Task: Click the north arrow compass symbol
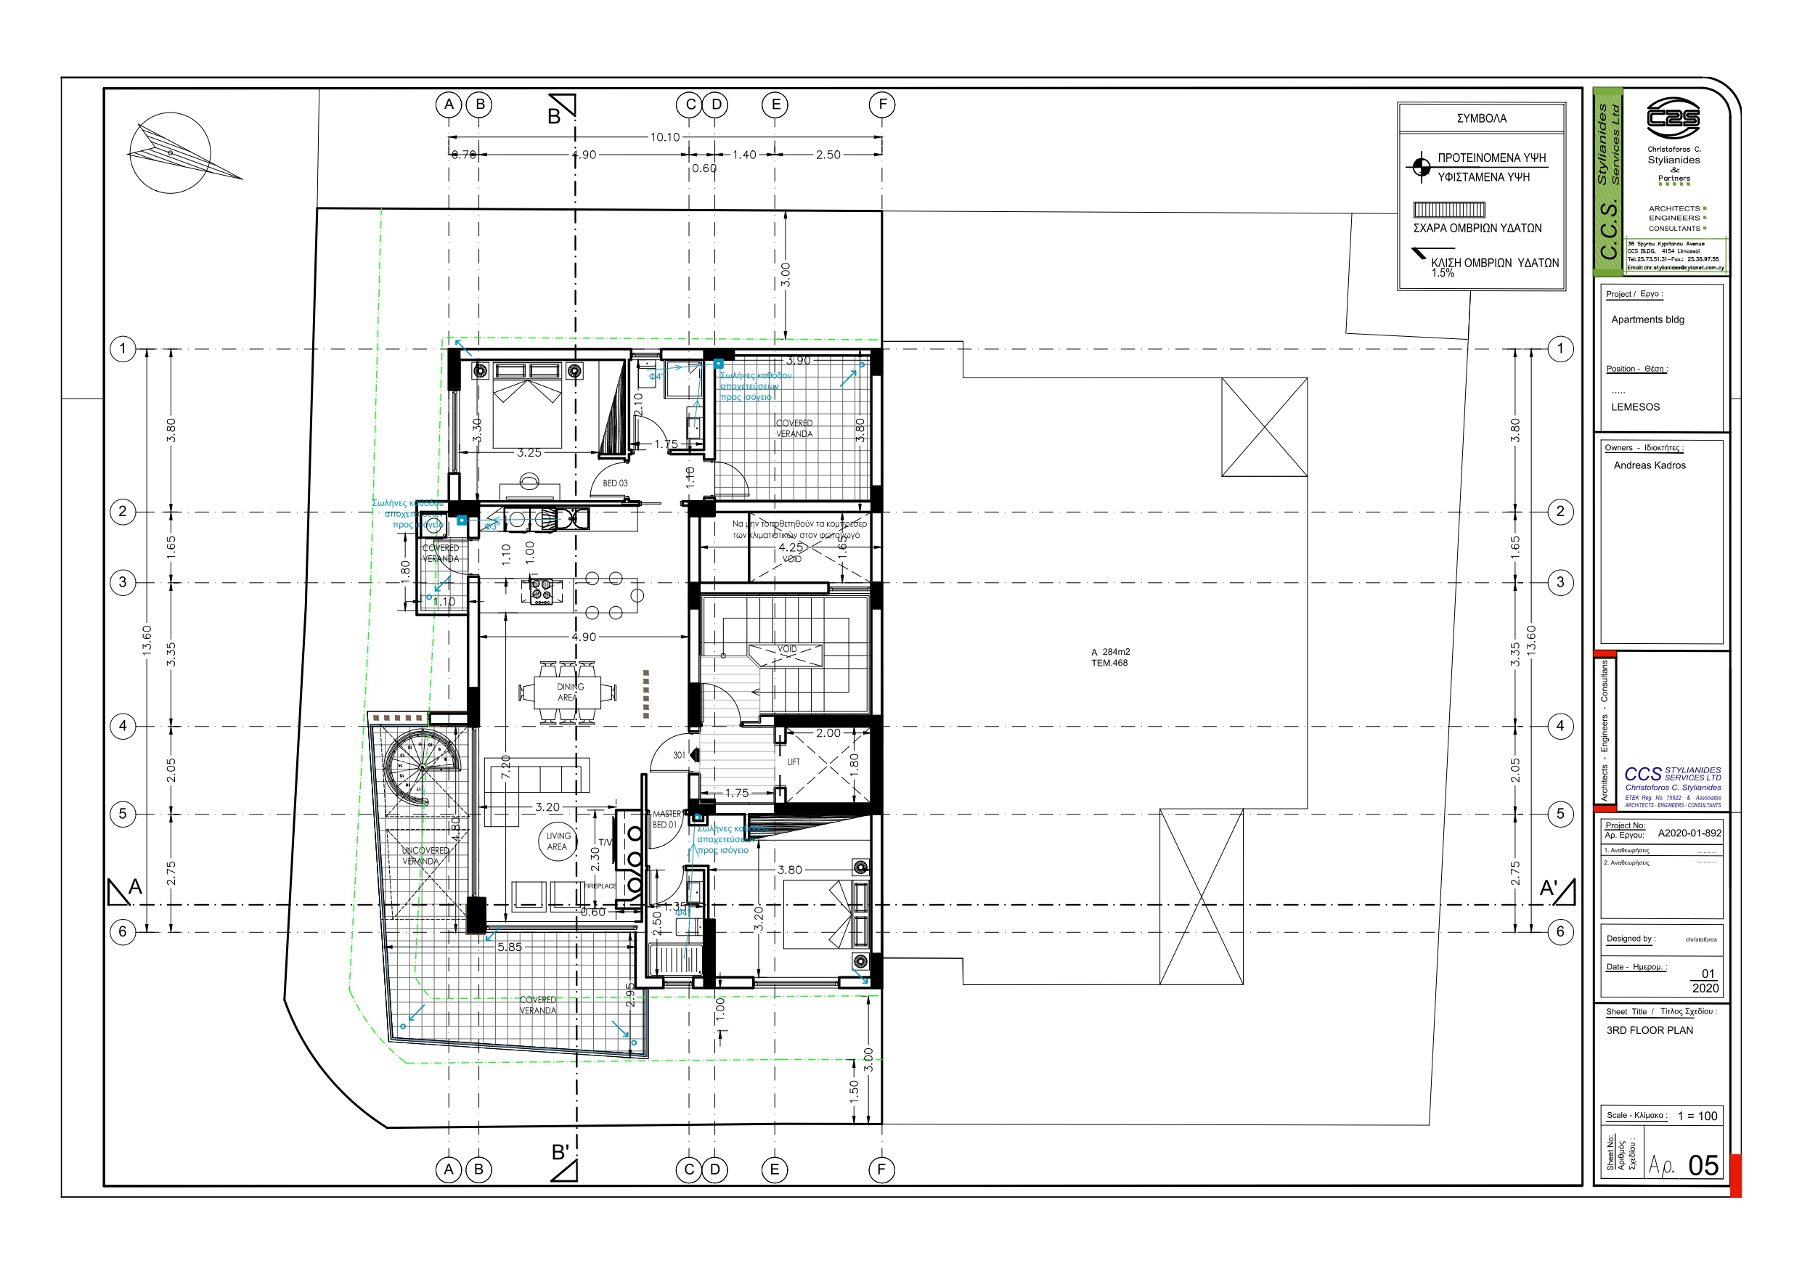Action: click(169, 152)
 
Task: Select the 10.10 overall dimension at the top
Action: click(664, 137)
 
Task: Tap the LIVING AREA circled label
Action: click(558, 841)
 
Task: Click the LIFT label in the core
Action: click(794, 762)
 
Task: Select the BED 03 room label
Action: click(614, 483)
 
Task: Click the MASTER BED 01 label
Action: click(665, 820)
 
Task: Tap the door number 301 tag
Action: click(679, 755)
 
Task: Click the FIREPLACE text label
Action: click(600, 886)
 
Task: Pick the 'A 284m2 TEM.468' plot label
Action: click(1110, 657)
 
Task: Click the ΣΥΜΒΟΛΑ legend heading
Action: click(1481, 118)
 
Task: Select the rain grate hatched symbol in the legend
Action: click(1449, 210)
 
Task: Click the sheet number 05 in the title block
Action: click(1703, 1165)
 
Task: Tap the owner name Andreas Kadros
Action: click(1649, 465)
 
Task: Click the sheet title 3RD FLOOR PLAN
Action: click(1649, 1030)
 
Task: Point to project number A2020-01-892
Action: click(1689, 833)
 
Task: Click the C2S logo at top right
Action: click(1673, 118)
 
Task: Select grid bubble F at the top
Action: click(882, 105)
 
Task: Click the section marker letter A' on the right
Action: click(1548, 888)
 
